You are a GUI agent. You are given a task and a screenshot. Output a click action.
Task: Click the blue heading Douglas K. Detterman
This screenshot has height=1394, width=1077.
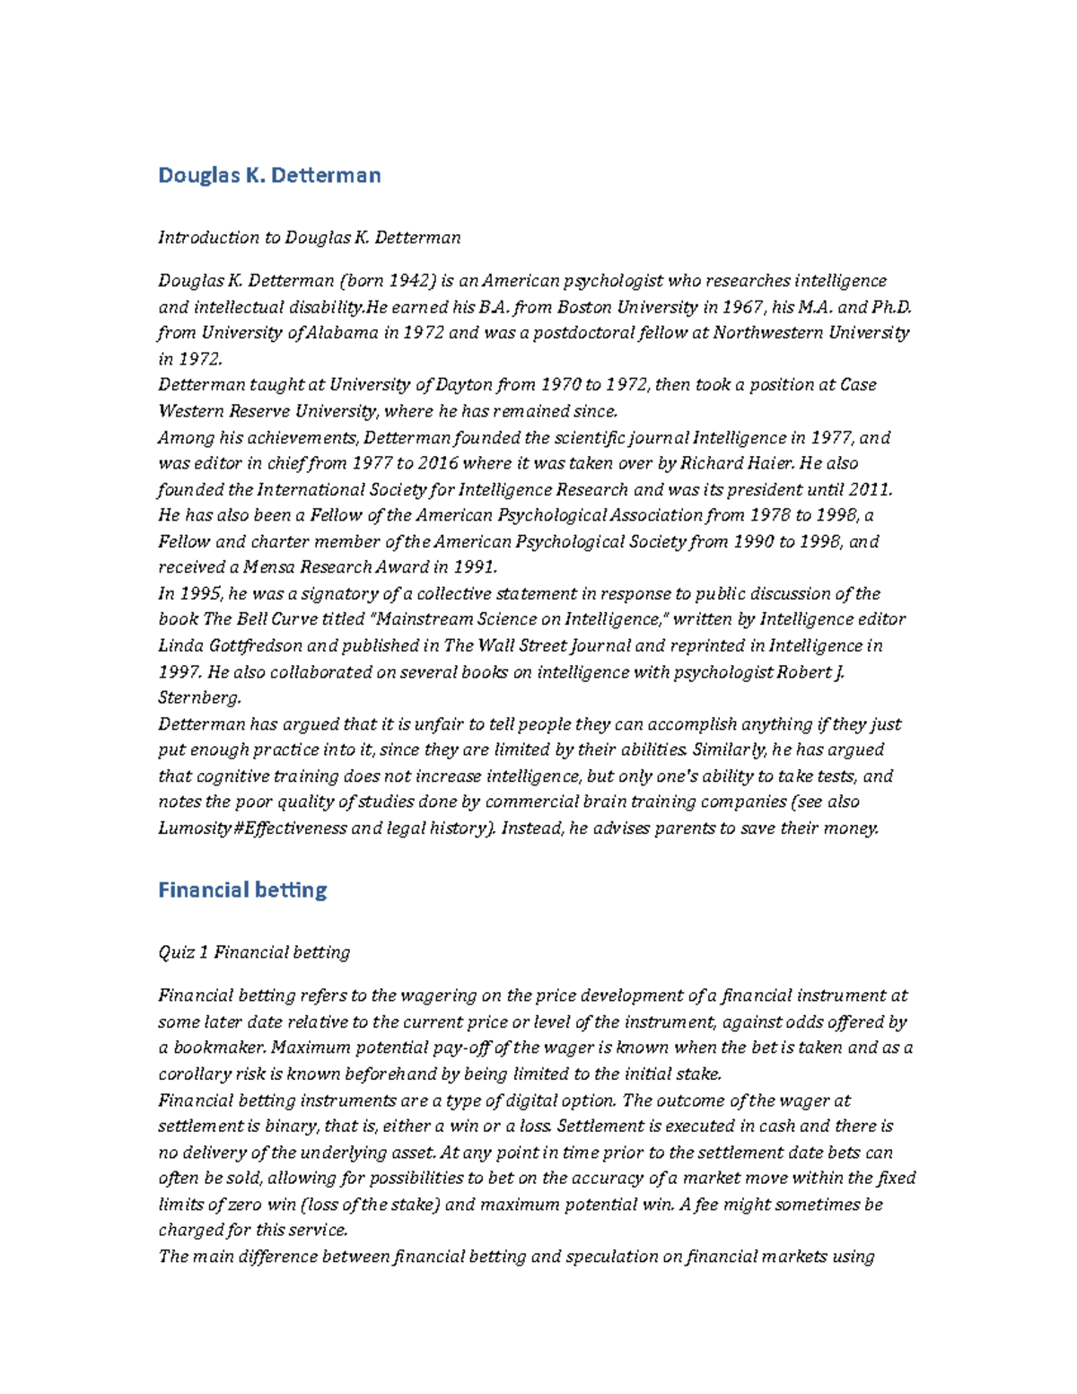(x=269, y=175)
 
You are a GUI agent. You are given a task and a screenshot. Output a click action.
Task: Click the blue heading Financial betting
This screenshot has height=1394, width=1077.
(x=242, y=890)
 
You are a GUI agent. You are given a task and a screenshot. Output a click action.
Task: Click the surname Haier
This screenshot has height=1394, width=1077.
(x=766, y=463)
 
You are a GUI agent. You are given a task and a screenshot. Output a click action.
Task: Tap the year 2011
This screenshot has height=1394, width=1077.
(x=870, y=490)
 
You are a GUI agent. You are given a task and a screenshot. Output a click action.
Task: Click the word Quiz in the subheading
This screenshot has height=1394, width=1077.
(x=176, y=952)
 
